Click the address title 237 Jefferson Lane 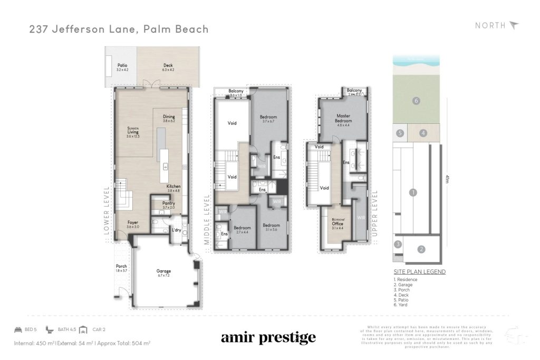pyautogui.click(x=119, y=28)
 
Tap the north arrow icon pyautogui.click(x=514, y=25)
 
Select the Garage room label pyautogui.click(x=163, y=271)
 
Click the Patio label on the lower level pyautogui.click(x=121, y=65)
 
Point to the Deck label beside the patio pyautogui.click(x=168, y=65)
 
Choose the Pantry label pyautogui.click(x=169, y=203)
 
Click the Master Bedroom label pyautogui.click(x=343, y=119)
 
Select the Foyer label pyautogui.click(x=132, y=222)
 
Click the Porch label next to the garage pyautogui.click(x=121, y=266)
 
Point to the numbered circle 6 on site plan pyautogui.click(x=416, y=101)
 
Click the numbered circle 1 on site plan pyautogui.click(x=413, y=192)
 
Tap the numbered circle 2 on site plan pyautogui.click(x=421, y=249)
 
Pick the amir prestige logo pyautogui.click(x=268, y=337)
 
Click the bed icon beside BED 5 pyautogui.click(x=18, y=329)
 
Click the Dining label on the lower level pyautogui.click(x=169, y=117)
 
